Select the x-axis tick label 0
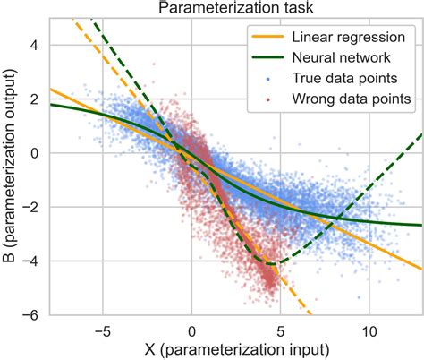pyautogui.click(x=191, y=330)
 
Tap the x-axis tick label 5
pyautogui.click(x=279, y=330)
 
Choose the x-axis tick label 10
pyautogui.click(x=368, y=330)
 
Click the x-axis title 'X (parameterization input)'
pyautogui.click(x=234, y=348)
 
